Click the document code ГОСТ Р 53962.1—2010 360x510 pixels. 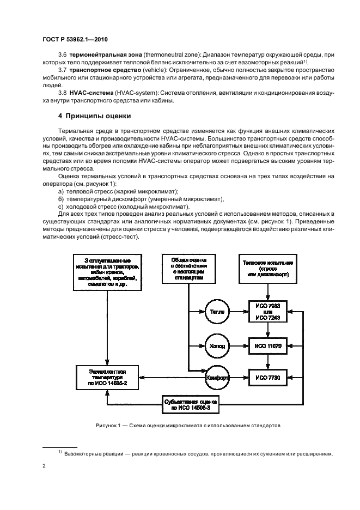tap(72, 40)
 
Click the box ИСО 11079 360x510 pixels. tap(267, 345)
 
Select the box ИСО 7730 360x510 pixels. tap(267, 378)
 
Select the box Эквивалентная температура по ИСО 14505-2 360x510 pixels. tap(107, 378)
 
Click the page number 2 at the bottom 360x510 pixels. tap(44, 466)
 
